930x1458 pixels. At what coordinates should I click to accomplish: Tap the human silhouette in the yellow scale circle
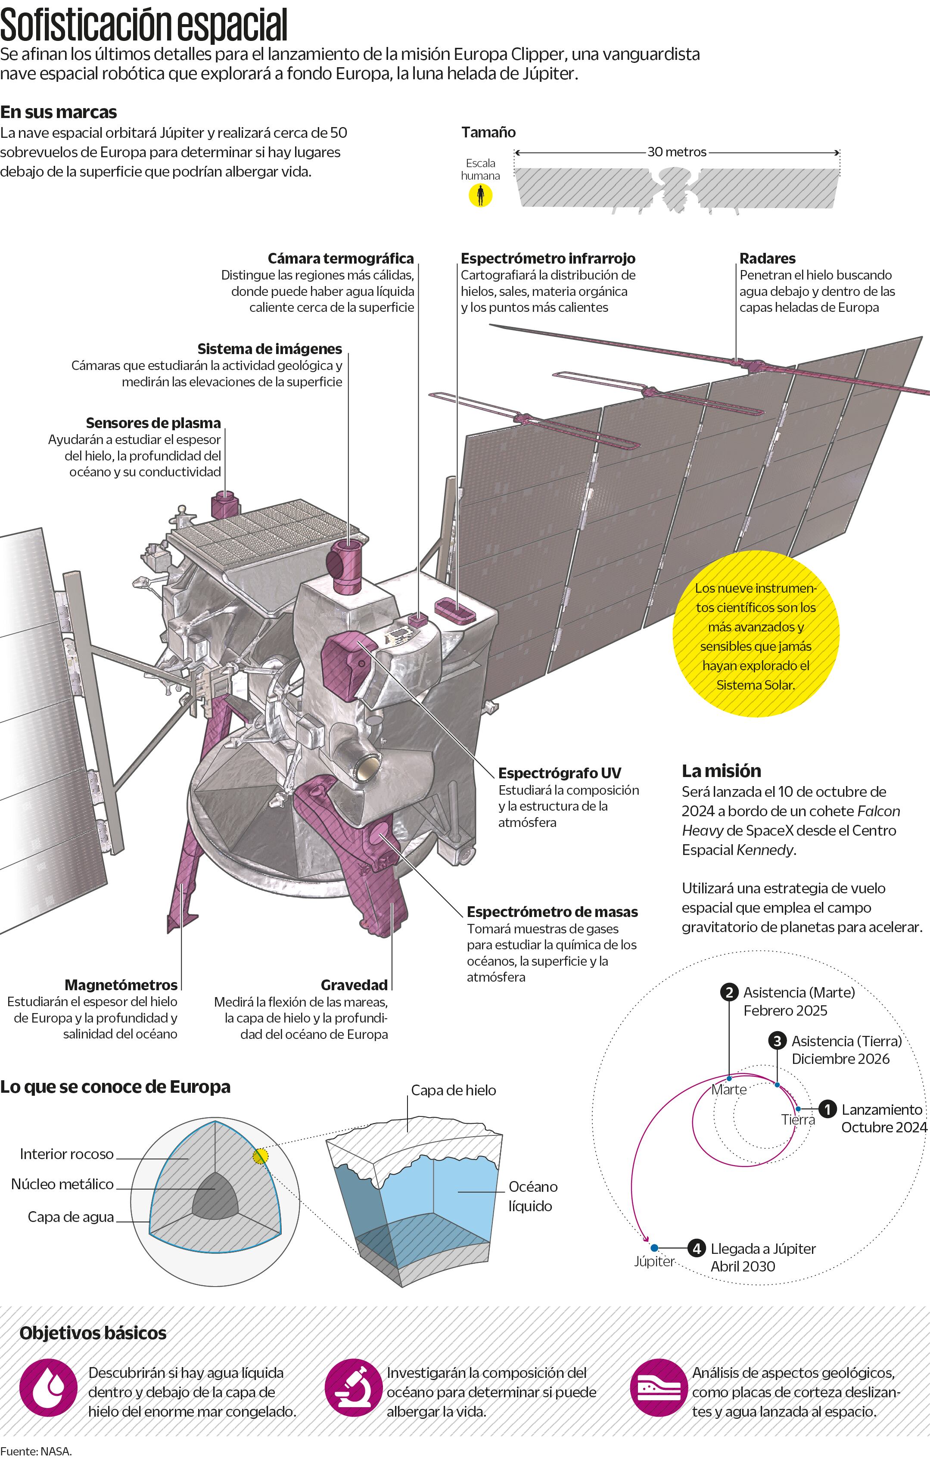tap(480, 195)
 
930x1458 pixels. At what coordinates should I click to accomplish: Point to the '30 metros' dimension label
tap(676, 152)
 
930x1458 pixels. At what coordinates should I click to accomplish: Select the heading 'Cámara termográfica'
tap(340, 258)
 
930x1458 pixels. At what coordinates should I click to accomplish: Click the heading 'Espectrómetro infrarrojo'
tap(548, 258)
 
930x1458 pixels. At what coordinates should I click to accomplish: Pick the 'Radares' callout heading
tap(767, 258)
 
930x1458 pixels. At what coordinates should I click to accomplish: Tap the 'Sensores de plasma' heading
tap(153, 423)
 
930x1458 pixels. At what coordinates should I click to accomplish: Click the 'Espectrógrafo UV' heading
tap(560, 773)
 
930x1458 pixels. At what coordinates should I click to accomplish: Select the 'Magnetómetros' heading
tap(121, 985)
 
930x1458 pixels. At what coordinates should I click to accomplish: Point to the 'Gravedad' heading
tap(354, 985)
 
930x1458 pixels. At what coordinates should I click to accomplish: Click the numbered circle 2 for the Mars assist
tap(729, 992)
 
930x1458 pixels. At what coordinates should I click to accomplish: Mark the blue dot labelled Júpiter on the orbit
tap(654, 1248)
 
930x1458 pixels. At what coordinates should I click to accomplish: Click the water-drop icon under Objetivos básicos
tap(48, 1387)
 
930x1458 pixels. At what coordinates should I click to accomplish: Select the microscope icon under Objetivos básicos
tap(354, 1387)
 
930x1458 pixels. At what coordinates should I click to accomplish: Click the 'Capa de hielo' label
tap(454, 1090)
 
